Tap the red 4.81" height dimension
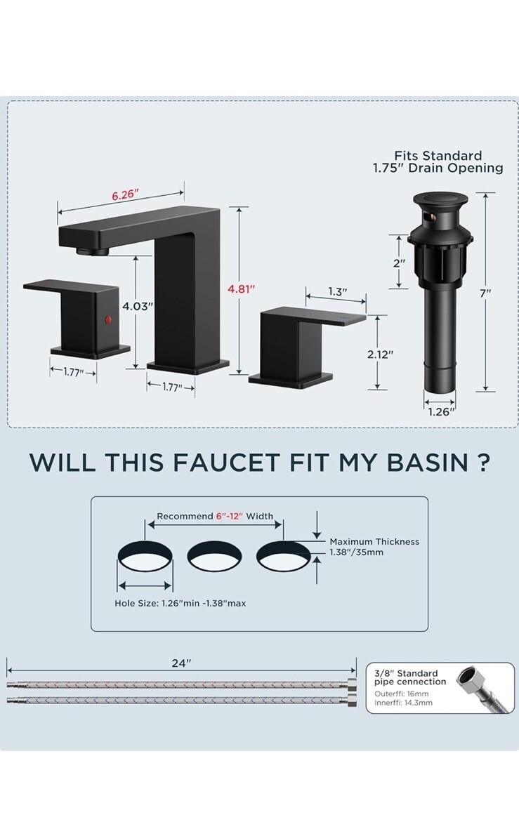point(241,289)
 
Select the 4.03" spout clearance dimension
point(138,306)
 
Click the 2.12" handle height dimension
point(380,354)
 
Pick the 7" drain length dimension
point(485,293)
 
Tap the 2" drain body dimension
point(400,263)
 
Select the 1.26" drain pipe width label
point(439,411)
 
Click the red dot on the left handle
point(109,319)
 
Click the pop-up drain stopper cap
point(440,200)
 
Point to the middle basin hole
point(214,556)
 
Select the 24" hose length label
point(181,663)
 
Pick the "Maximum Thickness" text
point(374,541)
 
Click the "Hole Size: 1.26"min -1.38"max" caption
point(180,604)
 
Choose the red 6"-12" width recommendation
point(230,517)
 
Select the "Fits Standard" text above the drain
point(438,156)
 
